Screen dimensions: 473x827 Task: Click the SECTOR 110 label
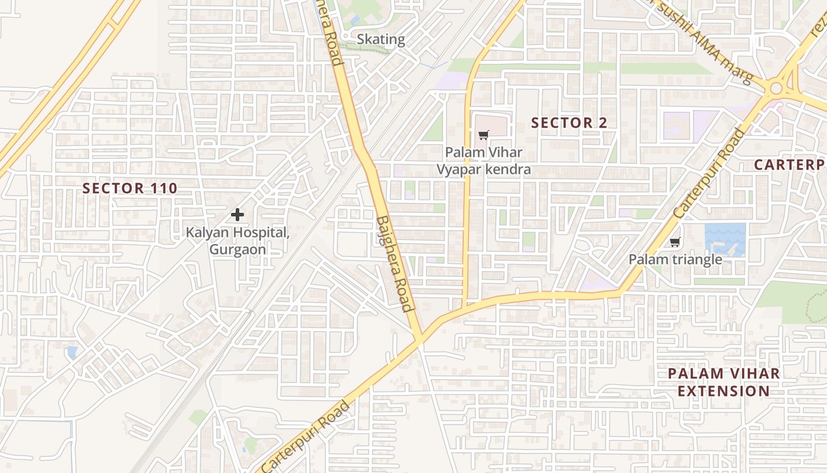click(x=130, y=189)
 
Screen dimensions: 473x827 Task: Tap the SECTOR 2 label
click(x=569, y=123)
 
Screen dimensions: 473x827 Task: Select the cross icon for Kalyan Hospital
click(x=237, y=215)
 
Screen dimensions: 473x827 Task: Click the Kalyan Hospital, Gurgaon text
click(x=237, y=241)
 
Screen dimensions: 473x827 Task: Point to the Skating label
click(x=381, y=40)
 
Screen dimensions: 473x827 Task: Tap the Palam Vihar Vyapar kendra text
click(x=483, y=161)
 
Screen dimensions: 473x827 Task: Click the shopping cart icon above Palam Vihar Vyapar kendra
click(x=483, y=135)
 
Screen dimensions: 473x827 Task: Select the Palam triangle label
click(x=675, y=260)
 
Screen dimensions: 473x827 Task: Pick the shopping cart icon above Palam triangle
click(x=675, y=242)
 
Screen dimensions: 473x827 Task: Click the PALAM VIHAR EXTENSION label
click(x=724, y=382)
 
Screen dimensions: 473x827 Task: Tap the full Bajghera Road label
click(x=394, y=263)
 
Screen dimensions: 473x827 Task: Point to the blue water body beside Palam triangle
click(x=725, y=239)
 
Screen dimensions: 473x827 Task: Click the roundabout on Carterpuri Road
click(x=776, y=89)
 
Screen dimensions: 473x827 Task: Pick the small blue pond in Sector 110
click(x=72, y=353)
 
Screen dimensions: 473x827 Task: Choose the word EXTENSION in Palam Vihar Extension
click(x=724, y=391)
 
